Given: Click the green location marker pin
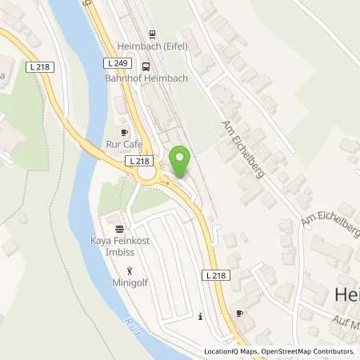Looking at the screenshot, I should click(x=181, y=162).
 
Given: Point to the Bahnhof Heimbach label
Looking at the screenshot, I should click(x=145, y=78).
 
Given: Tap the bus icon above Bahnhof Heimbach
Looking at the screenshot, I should click(x=146, y=66).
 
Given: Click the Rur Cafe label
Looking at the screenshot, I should click(x=124, y=145).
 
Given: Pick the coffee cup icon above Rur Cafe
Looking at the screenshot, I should click(x=124, y=132).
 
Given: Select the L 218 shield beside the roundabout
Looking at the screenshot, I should click(x=137, y=161).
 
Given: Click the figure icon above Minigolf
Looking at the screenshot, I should click(x=130, y=270).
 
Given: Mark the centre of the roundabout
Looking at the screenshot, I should click(x=172, y=174).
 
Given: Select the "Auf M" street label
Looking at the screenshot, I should click(x=344, y=326).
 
